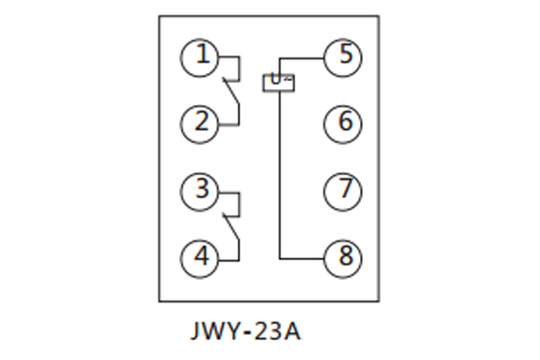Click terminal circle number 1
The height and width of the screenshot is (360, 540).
point(201,57)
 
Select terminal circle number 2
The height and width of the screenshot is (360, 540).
point(201,121)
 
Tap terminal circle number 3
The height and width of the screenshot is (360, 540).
point(201,190)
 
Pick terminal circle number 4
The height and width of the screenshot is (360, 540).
point(201,257)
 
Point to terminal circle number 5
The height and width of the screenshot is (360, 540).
point(343,57)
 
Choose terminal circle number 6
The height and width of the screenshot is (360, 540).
point(343,121)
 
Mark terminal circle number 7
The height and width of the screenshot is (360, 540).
point(343,190)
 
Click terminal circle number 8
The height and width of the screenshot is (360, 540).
point(343,257)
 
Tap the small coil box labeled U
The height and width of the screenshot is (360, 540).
point(279,82)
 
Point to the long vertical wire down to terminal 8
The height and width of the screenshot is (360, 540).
point(279,171)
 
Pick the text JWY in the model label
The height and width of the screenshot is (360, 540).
point(216,331)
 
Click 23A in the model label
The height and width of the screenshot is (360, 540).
point(278,331)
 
